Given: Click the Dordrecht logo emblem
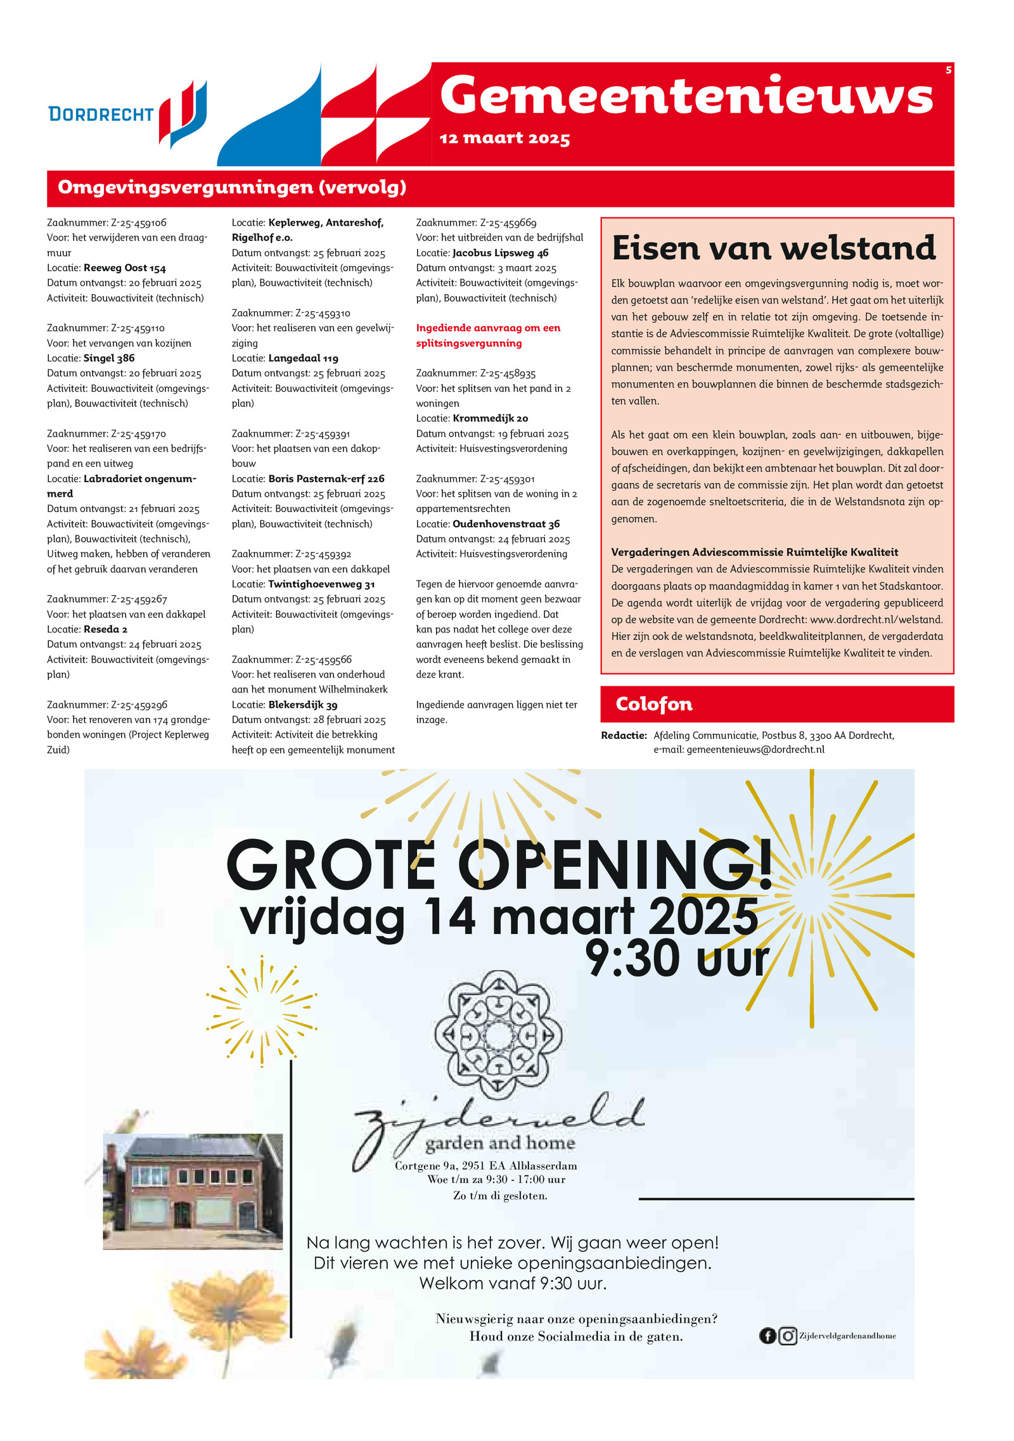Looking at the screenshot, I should point(183,113).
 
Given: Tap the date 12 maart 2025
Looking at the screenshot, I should point(504,138).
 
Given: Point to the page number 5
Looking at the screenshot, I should point(948,70).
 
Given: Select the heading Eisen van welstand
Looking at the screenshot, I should point(773,248).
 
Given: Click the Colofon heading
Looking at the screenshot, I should point(653,704).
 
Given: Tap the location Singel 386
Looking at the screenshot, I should point(109,359).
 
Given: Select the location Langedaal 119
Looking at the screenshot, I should point(303,359).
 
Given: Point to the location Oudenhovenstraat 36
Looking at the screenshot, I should point(506,524).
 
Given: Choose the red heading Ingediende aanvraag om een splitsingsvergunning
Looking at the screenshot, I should point(488,336).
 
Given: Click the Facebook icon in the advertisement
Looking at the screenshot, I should point(767,1336).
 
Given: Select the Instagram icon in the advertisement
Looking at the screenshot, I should point(787,1336).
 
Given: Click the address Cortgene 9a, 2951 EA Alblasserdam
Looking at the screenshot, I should point(485,1166).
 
